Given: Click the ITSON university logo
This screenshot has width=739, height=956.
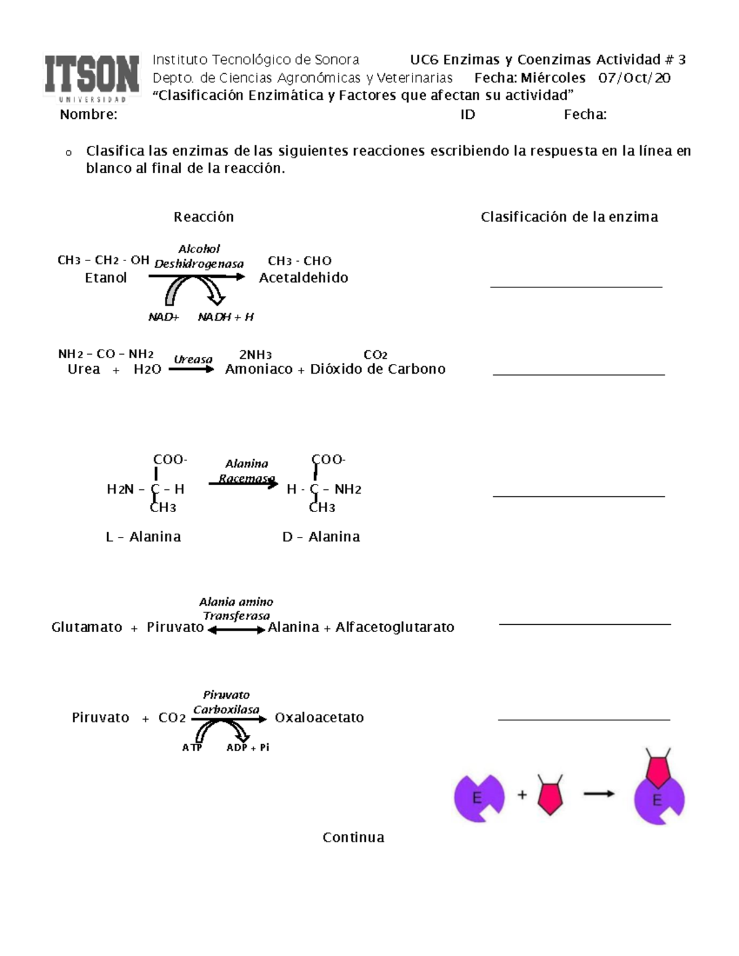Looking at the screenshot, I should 92,78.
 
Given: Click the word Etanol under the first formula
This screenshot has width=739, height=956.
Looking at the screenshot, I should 106,278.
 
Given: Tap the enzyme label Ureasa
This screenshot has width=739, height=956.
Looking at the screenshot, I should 193,360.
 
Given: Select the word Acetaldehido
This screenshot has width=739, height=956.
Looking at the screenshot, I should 304,278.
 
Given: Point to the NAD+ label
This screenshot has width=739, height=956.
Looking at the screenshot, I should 163,318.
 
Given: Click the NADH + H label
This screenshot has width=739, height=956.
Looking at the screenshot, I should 225,318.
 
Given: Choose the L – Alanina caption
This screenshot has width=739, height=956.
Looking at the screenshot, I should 143,537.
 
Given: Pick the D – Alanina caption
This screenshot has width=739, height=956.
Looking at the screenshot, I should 321,537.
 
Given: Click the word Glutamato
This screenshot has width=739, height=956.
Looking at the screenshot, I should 87,627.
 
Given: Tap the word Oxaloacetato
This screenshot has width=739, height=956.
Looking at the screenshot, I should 319,718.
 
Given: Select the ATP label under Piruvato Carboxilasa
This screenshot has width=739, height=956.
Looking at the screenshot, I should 192,748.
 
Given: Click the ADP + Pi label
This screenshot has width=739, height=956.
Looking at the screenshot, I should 248,748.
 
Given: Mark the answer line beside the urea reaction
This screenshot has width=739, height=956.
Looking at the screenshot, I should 578,374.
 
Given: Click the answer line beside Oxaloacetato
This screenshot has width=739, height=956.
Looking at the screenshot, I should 583,719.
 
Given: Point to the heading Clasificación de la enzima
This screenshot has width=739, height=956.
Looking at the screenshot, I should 569,217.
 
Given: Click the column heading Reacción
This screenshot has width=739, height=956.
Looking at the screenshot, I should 203,217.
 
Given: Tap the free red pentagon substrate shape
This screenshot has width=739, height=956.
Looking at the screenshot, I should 550,795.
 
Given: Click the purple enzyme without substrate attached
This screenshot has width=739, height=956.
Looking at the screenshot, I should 477,798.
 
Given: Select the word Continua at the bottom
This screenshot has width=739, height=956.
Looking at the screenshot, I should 353,838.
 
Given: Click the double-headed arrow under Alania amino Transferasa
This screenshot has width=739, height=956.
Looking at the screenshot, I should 236,630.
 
